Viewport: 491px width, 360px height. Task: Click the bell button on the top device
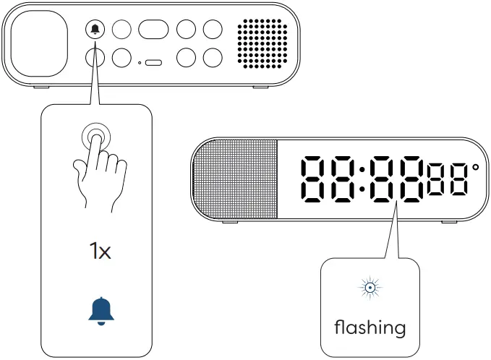click(95, 30)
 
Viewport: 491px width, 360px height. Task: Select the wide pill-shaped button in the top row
click(153, 30)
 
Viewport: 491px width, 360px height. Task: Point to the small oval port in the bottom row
click(153, 63)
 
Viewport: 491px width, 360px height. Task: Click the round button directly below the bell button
click(95, 58)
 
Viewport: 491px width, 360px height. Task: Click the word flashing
click(370, 327)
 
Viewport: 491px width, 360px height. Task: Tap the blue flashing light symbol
click(369, 288)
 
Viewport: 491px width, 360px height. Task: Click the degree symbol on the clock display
click(475, 168)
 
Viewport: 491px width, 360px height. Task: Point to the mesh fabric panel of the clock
click(236, 179)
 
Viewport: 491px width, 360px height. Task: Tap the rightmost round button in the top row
click(213, 30)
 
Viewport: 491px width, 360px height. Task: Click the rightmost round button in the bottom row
click(213, 58)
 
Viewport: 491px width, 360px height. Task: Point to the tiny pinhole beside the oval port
click(140, 63)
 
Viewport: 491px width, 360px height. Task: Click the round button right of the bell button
click(122, 30)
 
